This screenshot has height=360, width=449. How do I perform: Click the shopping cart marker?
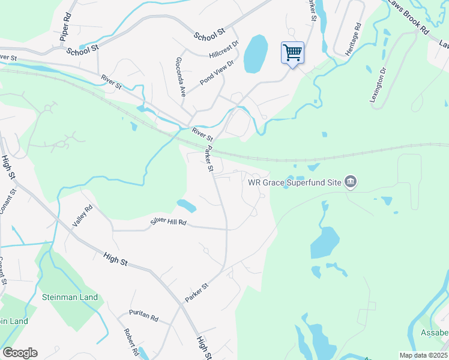click(x=292, y=53)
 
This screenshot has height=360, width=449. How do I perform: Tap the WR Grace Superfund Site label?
click(x=295, y=181)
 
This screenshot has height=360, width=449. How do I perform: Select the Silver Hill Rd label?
click(x=169, y=222)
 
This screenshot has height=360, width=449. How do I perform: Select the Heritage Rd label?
click(x=354, y=40)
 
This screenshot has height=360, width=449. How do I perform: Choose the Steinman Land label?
click(x=70, y=297)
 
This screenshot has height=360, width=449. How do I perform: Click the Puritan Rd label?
click(x=143, y=316)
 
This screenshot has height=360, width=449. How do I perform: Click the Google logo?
click(x=20, y=353)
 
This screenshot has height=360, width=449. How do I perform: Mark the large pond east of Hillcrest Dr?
click(x=255, y=53)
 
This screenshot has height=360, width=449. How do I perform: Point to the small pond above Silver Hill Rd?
click(x=187, y=206)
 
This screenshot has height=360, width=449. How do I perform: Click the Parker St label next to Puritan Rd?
click(x=196, y=293)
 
